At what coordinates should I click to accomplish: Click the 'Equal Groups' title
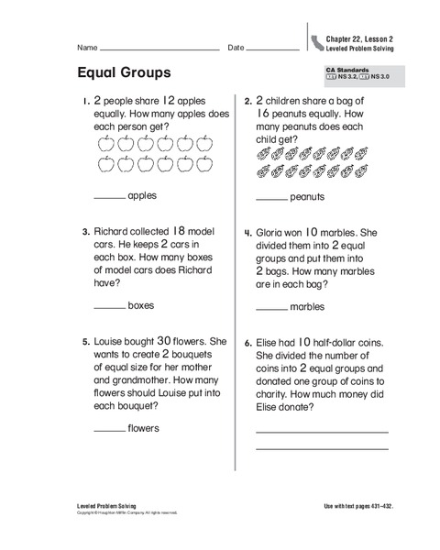[x=124, y=71]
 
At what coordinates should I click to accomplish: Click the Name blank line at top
[x=159, y=49]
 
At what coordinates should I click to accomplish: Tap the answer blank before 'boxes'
[x=109, y=306]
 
